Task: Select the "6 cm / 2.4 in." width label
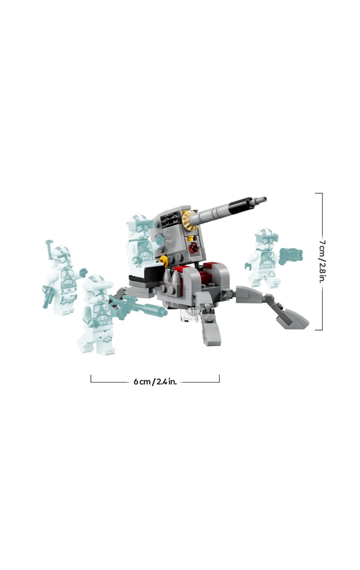[155, 382]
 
